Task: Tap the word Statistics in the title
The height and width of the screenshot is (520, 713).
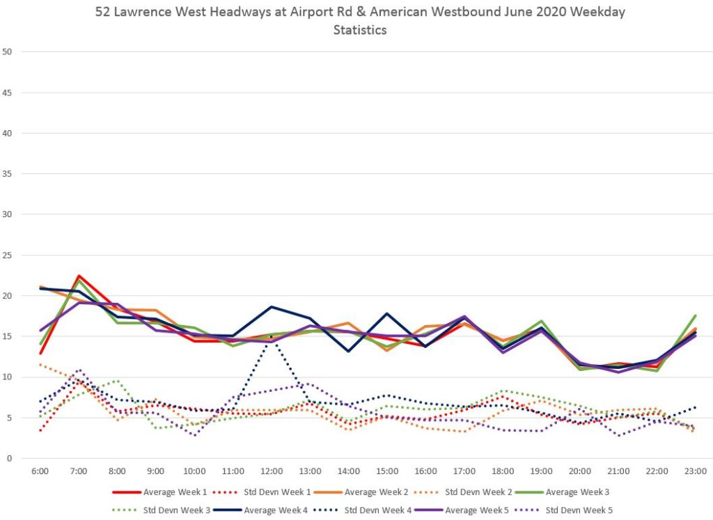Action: point(360,30)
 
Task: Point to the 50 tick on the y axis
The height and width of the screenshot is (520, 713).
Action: point(8,52)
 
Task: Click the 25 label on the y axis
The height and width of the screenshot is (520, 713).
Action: point(8,255)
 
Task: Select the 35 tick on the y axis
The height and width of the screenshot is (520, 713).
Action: point(8,173)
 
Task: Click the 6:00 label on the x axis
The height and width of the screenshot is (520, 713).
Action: point(40,471)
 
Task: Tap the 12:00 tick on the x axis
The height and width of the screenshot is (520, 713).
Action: point(272,471)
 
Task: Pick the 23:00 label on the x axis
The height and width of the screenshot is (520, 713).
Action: point(695,471)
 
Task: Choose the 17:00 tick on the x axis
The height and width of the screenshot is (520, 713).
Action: point(464,471)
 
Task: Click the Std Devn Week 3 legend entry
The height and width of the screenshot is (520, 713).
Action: point(173,510)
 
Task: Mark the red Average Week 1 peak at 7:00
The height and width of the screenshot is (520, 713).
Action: point(79,276)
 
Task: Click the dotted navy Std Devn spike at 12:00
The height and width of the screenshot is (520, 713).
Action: point(272,336)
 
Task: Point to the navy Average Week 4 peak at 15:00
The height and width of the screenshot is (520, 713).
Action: point(387,313)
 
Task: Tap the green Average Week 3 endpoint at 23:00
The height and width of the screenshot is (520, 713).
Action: point(695,316)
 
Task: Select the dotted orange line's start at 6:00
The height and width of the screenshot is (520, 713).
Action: point(40,365)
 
